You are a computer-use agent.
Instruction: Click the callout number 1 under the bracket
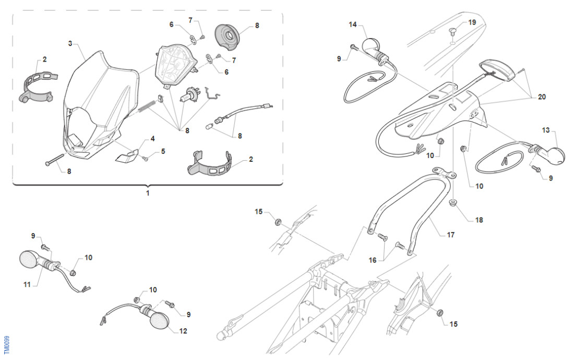[x=148, y=193]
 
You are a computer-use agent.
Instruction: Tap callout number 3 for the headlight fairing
[x=70, y=43]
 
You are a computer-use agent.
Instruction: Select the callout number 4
[x=153, y=139]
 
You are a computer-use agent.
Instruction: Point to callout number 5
[x=163, y=151]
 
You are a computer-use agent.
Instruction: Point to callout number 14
[x=353, y=25]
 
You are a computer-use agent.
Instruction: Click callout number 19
[x=472, y=22]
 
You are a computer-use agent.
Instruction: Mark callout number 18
[x=479, y=220]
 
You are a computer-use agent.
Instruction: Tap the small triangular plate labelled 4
[x=127, y=155]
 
